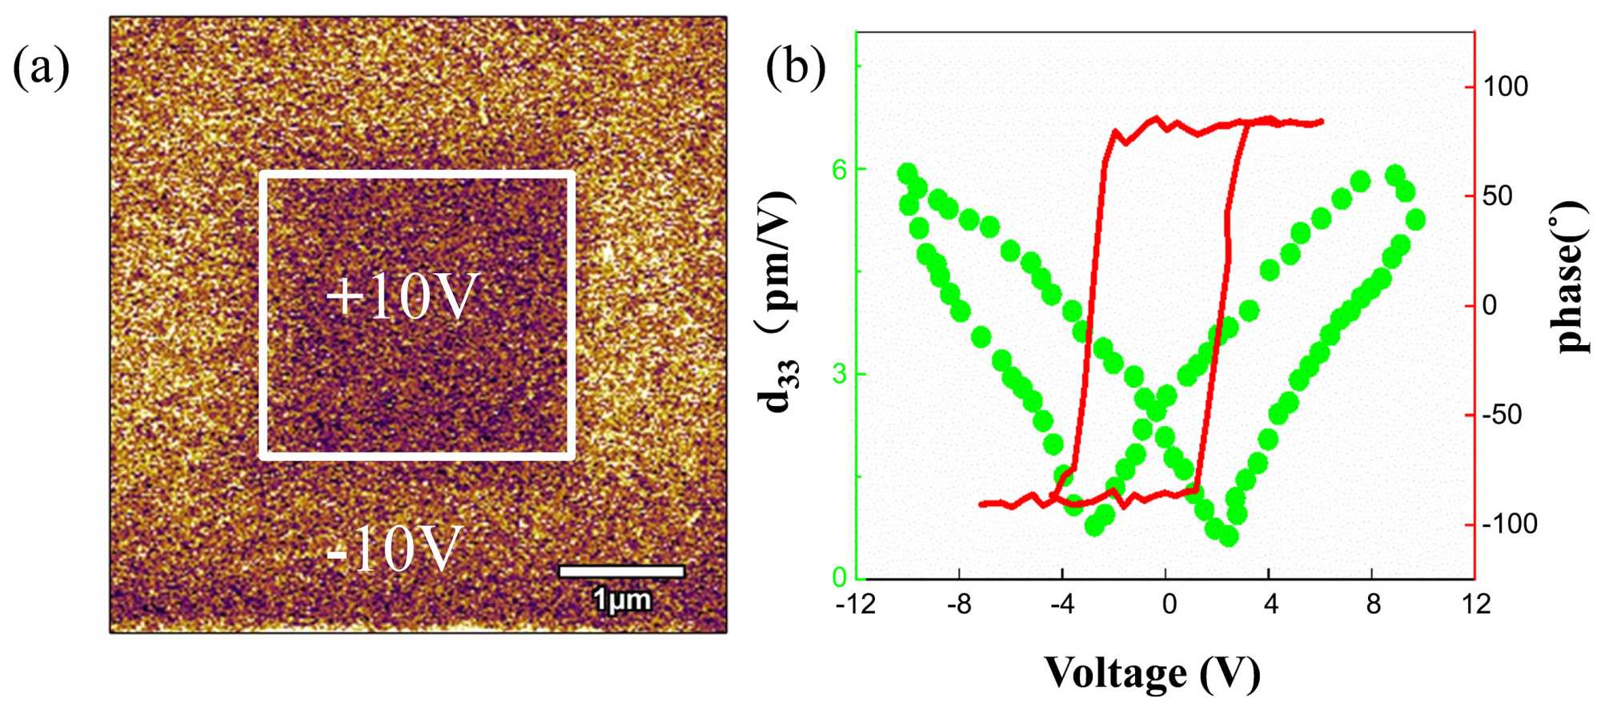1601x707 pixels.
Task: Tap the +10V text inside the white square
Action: pyautogui.click(x=402, y=298)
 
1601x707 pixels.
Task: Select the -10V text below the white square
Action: pyautogui.click(x=394, y=549)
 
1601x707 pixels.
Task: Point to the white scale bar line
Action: pyautogui.click(x=621, y=571)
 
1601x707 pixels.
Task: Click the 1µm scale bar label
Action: pyautogui.click(x=622, y=600)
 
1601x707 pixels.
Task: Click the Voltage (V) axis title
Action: pyautogui.click(x=1152, y=673)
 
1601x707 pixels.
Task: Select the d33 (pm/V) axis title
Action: pyautogui.click(x=779, y=301)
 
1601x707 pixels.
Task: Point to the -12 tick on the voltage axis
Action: pyautogui.click(x=856, y=605)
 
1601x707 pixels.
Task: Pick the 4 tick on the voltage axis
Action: pyautogui.click(x=1270, y=605)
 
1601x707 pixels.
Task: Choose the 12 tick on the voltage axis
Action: pyautogui.click(x=1475, y=605)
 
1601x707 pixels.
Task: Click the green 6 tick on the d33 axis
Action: pyautogui.click(x=840, y=169)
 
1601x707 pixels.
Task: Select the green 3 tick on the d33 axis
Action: pyautogui.click(x=840, y=374)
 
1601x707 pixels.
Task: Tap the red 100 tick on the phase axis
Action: pyautogui.click(x=1506, y=86)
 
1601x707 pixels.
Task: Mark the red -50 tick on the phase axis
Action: pyautogui.click(x=1502, y=415)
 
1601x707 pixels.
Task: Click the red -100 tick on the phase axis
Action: pyautogui.click(x=1510, y=524)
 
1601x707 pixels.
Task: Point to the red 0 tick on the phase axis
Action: pyautogui.click(x=1490, y=306)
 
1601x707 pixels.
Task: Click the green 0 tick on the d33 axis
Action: pyautogui.click(x=840, y=577)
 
